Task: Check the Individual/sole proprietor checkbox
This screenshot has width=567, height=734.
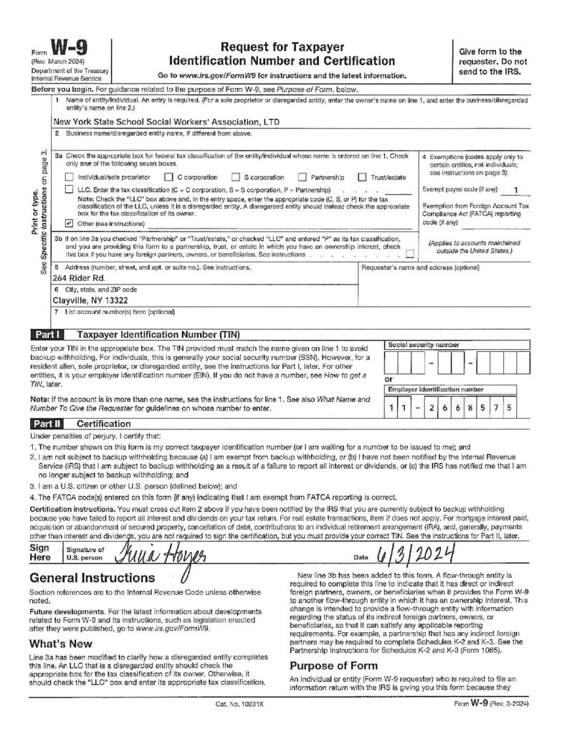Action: pyautogui.click(x=69, y=177)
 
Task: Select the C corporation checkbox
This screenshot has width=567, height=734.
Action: pyautogui.click(x=168, y=177)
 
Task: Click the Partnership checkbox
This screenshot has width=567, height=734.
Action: pyautogui.click(x=302, y=177)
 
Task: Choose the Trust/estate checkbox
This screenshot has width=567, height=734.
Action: pyautogui.click(x=362, y=177)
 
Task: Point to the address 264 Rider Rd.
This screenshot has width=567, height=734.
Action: pyautogui.click(x=79, y=277)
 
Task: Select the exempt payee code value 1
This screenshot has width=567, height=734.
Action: pyautogui.click(x=516, y=189)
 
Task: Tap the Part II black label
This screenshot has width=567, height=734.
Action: pyautogui.click(x=47, y=424)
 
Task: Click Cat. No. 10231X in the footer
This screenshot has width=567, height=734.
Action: pyautogui.click(x=239, y=725)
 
